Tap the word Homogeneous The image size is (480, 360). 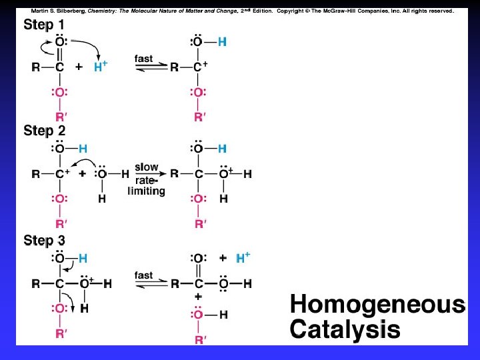(x=377, y=305)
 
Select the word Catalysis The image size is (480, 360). (x=345, y=329)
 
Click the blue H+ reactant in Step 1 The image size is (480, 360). (x=101, y=67)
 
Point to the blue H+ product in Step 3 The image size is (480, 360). (x=243, y=257)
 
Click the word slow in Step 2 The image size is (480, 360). (x=146, y=167)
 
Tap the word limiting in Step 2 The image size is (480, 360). (x=146, y=191)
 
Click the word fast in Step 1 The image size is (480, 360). (x=143, y=59)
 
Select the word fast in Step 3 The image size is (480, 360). (x=143, y=275)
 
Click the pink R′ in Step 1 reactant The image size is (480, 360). (x=60, y=117)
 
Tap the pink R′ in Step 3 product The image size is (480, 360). (x=199, y=340)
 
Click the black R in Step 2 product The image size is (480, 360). (x=174, y=175)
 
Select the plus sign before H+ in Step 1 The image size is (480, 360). (x=79, y=67)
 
